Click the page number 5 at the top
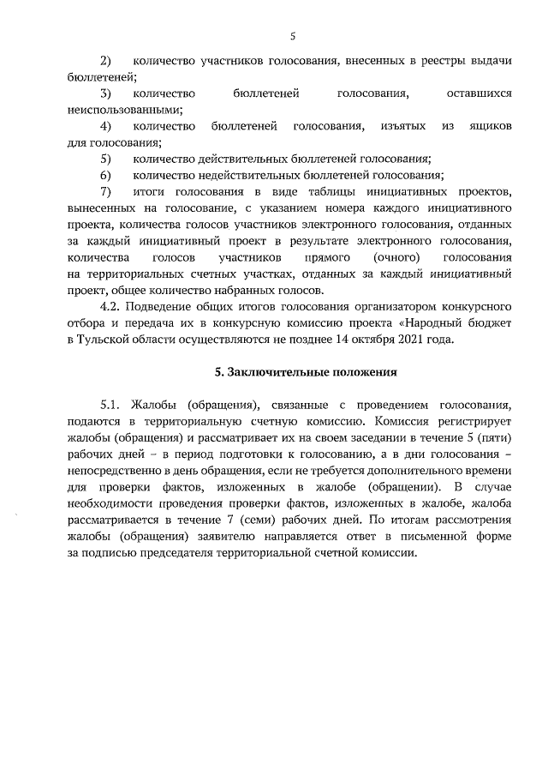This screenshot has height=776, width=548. click(292, 36)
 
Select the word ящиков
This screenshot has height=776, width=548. click(489, 126)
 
